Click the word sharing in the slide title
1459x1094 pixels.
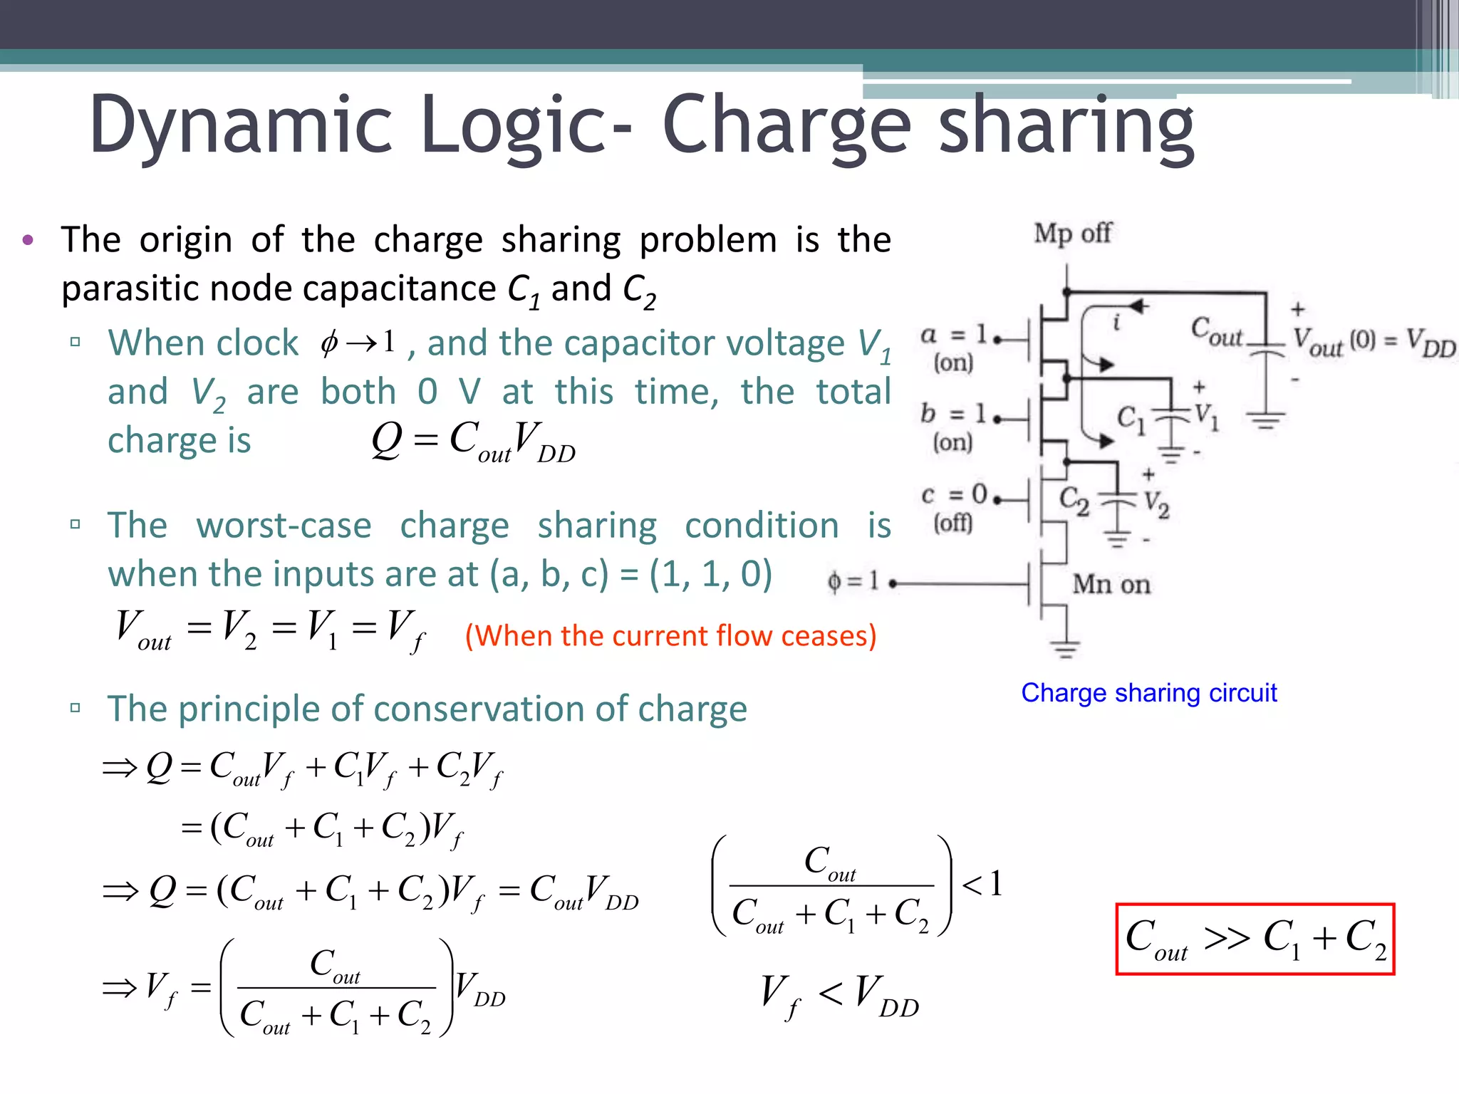pyautogui.click(x=1066, y=127)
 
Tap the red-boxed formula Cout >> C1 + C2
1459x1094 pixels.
pyautogui.click(x=1255, y=939)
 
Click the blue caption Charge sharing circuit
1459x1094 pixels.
pyautogui.click(x=1148, y=693)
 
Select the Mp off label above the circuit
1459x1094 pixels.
pyautogui.click(x=1072, y=234)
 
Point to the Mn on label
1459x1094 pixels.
pyautogui.click(x=1111, y=585)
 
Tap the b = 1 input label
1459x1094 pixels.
pyautogui.click(x=953, y=414)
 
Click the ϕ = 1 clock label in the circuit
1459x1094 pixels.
pyautogui.click(x=853, y=582)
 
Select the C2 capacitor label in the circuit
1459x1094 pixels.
pyautogui.click(x=1074, y=500)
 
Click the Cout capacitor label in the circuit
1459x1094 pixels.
pyautogui.click(x=1216, y=332)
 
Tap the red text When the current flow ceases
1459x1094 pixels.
pyautogui.click(x=670, y=635)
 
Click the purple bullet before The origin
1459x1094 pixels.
pyautogui.click(x=28, y=240)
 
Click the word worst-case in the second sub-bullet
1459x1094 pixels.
pyautogui.click(x=284, y=526)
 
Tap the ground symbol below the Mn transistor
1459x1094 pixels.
pyautogui.click(x=1065, y=647)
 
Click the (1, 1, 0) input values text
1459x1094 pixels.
pyautogui.click(x=710, y=574)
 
